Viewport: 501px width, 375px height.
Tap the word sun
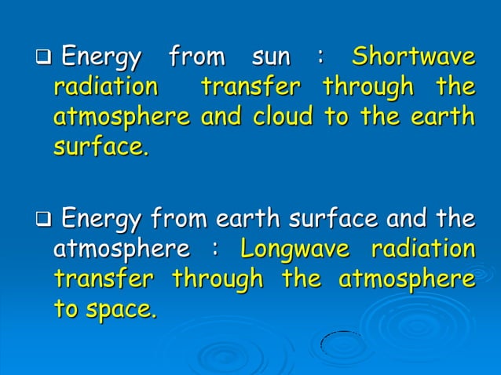click(271, 57)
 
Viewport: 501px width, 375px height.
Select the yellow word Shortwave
click(413, 57)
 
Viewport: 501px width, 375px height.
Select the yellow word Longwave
click(294, 249)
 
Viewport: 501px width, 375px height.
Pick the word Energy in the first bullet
click(101, 57)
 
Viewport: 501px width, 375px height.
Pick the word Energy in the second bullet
click(101, 217)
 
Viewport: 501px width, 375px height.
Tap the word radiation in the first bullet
click(104, 86)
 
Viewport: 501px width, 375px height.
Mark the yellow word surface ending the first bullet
click(100, 147)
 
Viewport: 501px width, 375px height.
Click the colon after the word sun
click(320, 59)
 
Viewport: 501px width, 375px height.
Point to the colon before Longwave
click(213, 251)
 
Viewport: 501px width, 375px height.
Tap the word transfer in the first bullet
click(251, 86)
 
